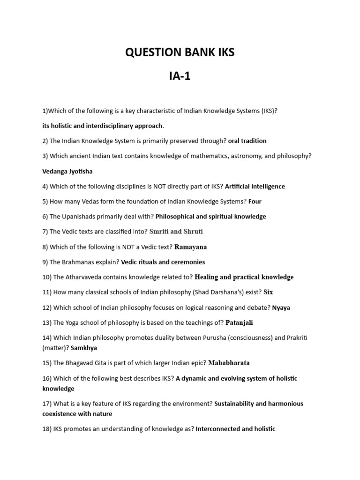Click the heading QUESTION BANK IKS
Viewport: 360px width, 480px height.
[x=180, y=52]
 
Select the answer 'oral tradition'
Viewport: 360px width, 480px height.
[x=247, y=141]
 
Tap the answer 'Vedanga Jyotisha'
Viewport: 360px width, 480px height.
[x=67, y=171]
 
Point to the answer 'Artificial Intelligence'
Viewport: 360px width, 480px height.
[x=255, y=186]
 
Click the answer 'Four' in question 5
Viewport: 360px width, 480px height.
[x=255, y=202]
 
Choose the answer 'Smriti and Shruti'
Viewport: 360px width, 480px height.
[x=176, y=232]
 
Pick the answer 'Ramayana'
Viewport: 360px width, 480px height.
[x=190, y=247]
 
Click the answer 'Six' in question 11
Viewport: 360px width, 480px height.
[x=268, y=292]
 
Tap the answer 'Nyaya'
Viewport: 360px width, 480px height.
[x=281, y=307]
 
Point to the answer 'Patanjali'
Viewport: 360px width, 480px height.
[x=239, y=322]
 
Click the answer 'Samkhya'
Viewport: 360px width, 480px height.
[x=84, y=348]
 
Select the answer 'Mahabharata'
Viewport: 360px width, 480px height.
[x=229, y=363]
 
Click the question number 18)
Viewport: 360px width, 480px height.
[x=47, y=429]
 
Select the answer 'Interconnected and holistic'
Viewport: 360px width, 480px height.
[x=235, y=429]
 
